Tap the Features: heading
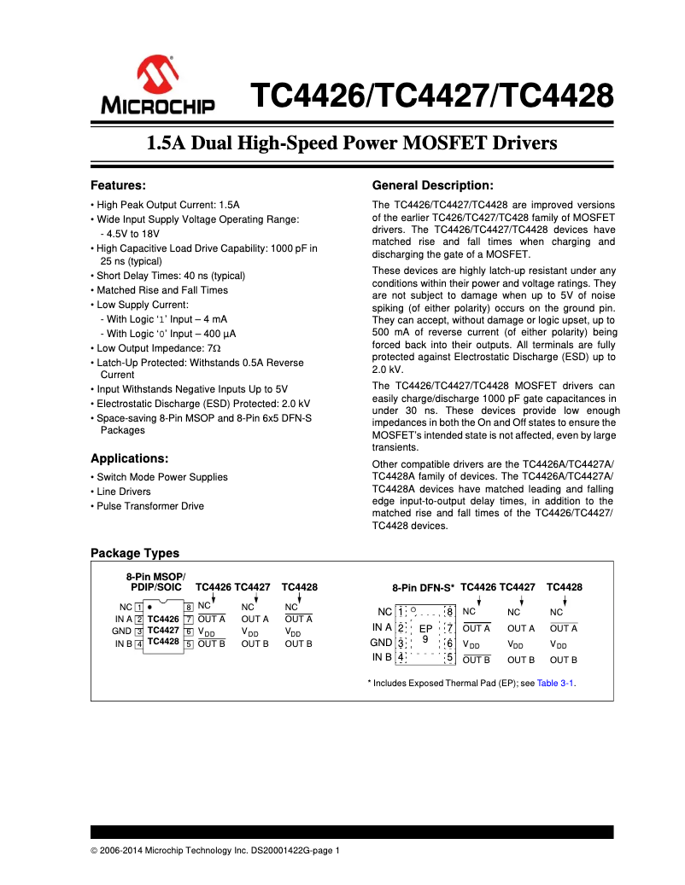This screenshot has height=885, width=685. coord(119,185)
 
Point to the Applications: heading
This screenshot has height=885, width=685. coord(129,458)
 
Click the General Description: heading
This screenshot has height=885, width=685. coord(433,185)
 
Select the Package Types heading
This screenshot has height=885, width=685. coord(135,553)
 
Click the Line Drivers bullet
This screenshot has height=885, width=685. coord(123,492)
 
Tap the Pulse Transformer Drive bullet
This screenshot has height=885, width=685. coord(149,506)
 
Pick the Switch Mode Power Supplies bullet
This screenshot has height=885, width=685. coord(161,477)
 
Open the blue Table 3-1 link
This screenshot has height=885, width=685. coord(555,683)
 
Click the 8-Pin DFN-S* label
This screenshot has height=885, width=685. coord(424,588)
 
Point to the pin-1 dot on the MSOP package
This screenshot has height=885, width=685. coord(149,607)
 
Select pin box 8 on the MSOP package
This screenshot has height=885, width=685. coord(188,607)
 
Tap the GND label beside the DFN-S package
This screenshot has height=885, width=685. coord(381,643)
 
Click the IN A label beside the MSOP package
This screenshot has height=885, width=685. coord(123,619)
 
